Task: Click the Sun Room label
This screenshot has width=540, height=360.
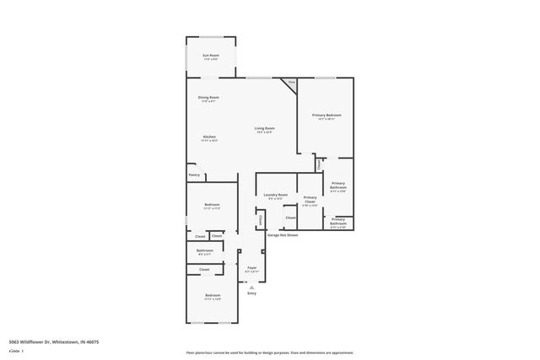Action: point(210,56)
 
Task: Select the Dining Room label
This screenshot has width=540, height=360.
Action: point(208,98)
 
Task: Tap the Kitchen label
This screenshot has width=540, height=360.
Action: point(209,137)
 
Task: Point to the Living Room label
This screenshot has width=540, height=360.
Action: point(264,129)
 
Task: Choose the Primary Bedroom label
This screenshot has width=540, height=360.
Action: point(326,116)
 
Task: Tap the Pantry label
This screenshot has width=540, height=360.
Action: point(194,175)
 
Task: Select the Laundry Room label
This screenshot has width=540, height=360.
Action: point(275,196)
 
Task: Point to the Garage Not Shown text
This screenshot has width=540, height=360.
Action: point(283,235)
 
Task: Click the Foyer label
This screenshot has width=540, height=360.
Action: point(251,267)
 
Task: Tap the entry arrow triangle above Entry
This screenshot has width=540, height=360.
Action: point(251,287)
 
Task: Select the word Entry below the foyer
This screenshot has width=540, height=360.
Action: point(251,293)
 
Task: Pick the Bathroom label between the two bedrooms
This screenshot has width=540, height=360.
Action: point(205,251)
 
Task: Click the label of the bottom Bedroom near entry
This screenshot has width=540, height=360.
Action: point(212,296)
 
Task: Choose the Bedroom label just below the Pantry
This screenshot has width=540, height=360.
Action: point(212,205)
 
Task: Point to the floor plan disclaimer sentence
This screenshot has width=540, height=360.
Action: point(269,352)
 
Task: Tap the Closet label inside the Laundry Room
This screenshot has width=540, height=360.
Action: point(289,218)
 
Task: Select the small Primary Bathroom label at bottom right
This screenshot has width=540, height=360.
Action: point(337,221)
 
